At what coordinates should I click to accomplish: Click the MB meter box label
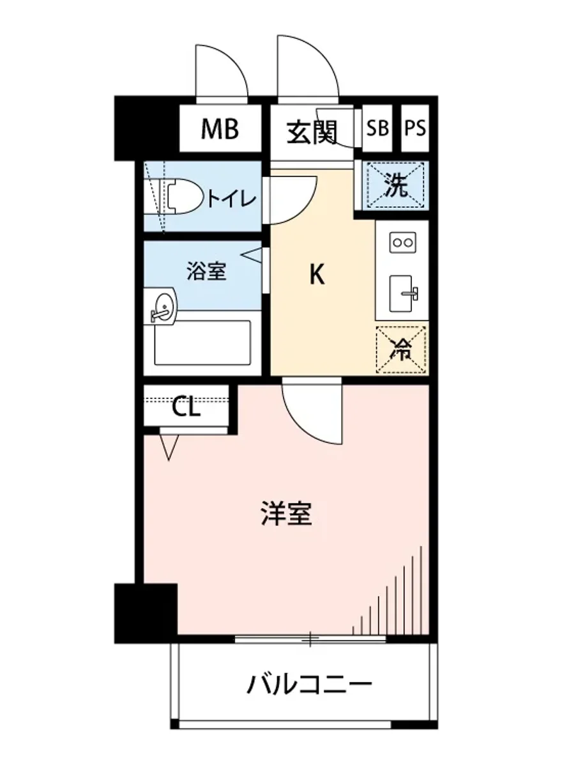[220, 129]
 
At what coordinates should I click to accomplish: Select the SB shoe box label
[377, 128]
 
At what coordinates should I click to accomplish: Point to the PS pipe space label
[415, 128]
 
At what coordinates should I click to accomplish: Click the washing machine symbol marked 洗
[395, 185]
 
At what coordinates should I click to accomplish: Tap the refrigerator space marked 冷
[402, 348]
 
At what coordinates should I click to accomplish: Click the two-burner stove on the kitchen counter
[402, 242]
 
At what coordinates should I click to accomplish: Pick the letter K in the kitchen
[317, 275]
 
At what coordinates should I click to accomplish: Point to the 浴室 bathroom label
[206, 272]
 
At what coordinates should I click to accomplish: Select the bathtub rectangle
[202, 343]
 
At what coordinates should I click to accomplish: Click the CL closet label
[186, 407]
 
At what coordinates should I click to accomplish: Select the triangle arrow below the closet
[169, 447]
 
